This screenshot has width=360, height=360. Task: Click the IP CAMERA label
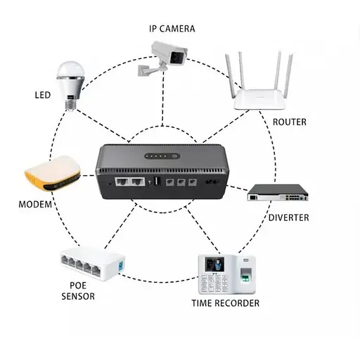tap(172, 29)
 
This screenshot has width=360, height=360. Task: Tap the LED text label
tap(42, 94)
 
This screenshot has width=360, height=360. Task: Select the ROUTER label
tap(289, 122)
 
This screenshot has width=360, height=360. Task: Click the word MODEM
tap(36, 205)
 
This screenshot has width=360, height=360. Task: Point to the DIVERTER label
tap(288, 217)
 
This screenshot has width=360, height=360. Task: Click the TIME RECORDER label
tap(226, 303)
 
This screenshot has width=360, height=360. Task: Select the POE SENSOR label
tap(77, 290)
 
